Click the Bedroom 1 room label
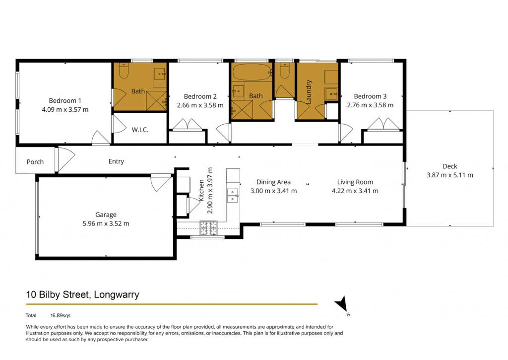pos(65,100)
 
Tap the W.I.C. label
pos(140,130)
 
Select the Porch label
pos(35,162)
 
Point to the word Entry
pos(116,161)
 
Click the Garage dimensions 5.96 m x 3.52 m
pos(106,223)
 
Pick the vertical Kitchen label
pos(201,190)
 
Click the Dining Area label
pos(273,182)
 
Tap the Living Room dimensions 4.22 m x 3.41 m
pos(355,191)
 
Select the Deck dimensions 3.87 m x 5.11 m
pos(449,175)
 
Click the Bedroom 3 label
pos(370,96)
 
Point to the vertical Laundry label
pos(309,92)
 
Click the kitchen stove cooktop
pos(209,228)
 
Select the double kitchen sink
pos(233,196)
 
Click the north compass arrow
pos(341,304)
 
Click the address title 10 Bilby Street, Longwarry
pos(83,294)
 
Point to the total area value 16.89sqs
pos(60,315)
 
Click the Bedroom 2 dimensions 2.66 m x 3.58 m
pos(200,105)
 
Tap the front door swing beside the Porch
pos(65,159)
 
